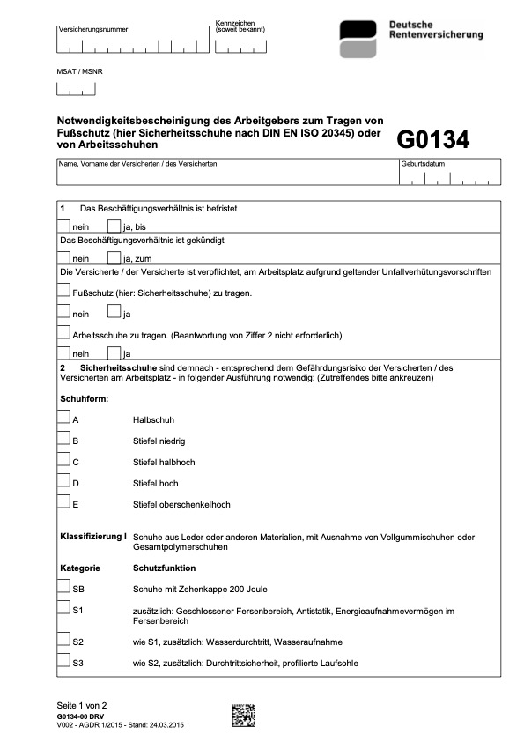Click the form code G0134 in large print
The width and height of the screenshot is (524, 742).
tap(432, 139)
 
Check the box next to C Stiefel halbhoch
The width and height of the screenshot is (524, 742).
tap(64, 459)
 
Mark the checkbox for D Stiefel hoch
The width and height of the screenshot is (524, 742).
tap(64, 481)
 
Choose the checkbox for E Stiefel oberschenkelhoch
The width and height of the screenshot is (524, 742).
tap(64, 502)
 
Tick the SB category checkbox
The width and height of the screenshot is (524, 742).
tap(64, 586)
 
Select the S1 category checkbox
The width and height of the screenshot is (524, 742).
tap(64, 607)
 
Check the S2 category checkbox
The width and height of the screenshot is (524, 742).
tap(64, 639)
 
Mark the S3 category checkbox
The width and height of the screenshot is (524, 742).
tap(64, 660)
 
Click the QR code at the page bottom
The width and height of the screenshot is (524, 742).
tap(243, 715)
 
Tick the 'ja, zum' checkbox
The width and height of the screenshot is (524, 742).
tap(114, 257)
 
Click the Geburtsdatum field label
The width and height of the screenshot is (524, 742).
tap(422, 165)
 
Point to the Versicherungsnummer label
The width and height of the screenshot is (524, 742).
tap(92, 30)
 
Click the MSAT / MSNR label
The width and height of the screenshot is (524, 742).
tap(77, 70)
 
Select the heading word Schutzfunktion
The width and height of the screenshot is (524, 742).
tap(164, 568)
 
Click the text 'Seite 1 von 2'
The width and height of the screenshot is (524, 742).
tap(82, 706)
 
